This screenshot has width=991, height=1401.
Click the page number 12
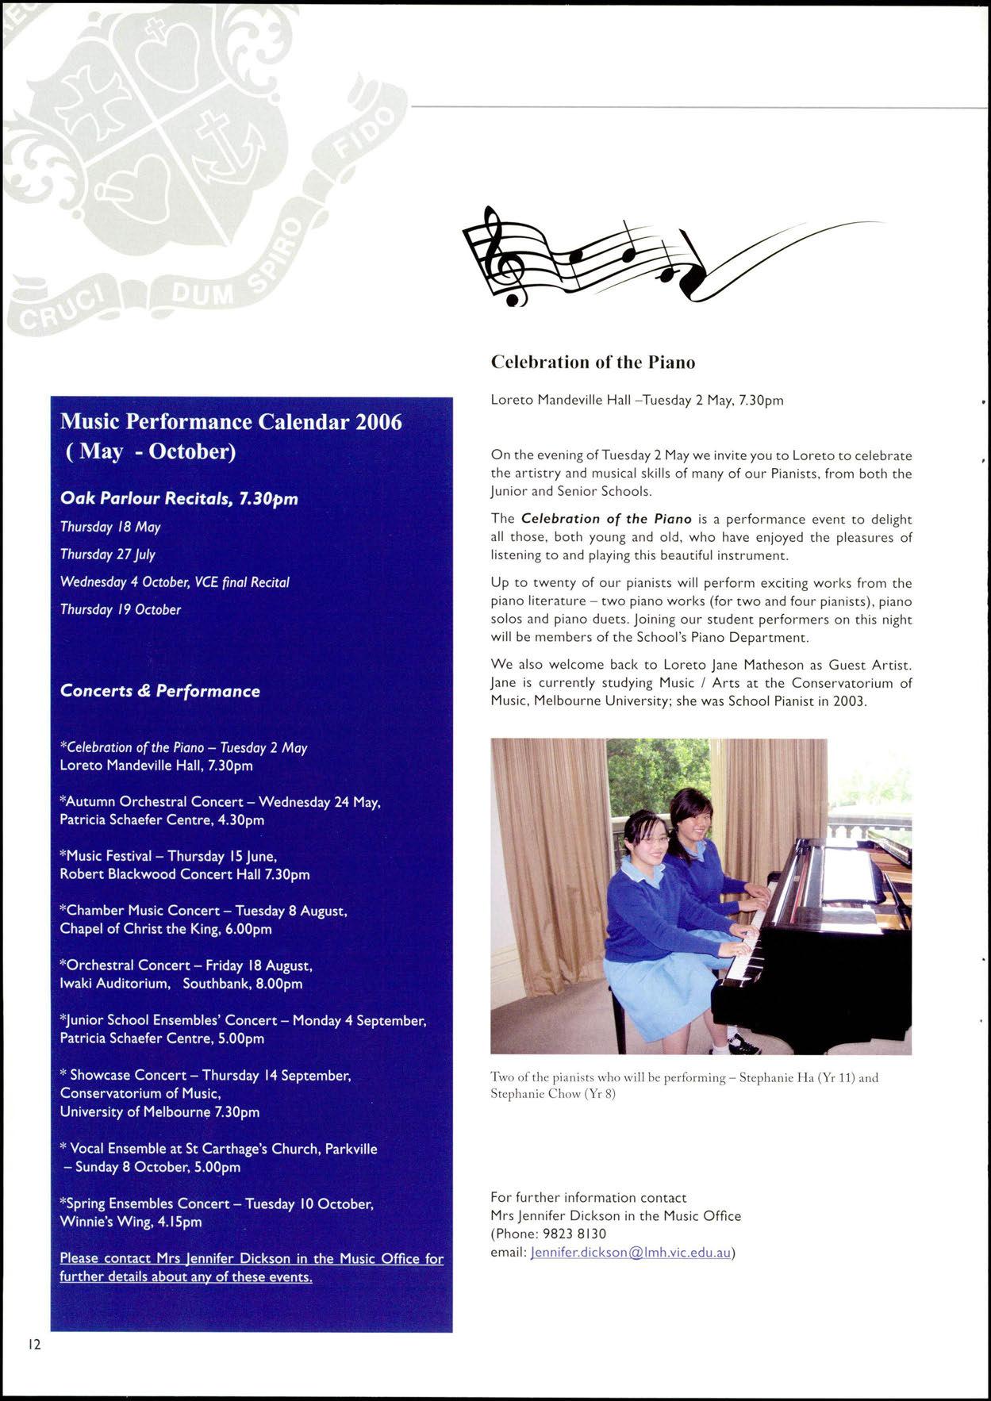tap(34, 1344)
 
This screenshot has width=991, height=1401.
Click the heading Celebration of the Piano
tap(593, 363)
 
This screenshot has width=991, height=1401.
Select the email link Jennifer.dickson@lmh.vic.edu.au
tap(630, 1253)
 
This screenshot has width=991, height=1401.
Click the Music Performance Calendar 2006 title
tap(231, 421)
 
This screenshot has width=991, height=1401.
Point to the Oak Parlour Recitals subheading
tap(179, 499)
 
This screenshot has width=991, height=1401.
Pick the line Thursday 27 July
tap(108, 555)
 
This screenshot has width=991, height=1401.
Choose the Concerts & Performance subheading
tap(160, 691)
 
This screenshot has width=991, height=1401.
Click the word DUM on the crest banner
tap(202, 295)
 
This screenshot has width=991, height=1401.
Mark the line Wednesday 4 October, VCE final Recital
tap(175, 582)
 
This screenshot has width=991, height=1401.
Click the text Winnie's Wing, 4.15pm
tap(131, 1222)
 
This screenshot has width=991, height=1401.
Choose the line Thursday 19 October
tap(121, 610)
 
